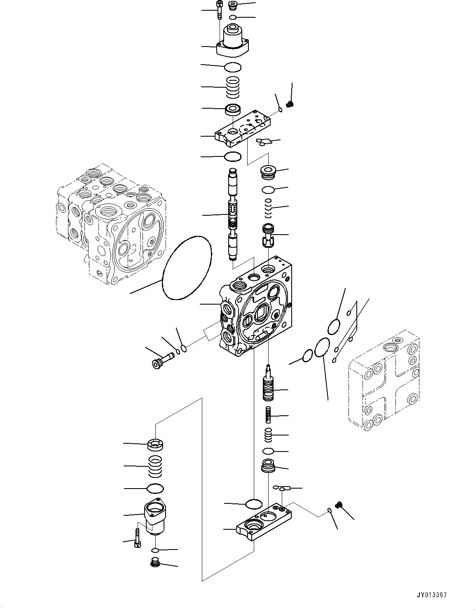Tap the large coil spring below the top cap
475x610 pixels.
[233, 88]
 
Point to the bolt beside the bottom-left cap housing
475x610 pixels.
[137, 539]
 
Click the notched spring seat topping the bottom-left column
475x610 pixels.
[155, 444]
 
